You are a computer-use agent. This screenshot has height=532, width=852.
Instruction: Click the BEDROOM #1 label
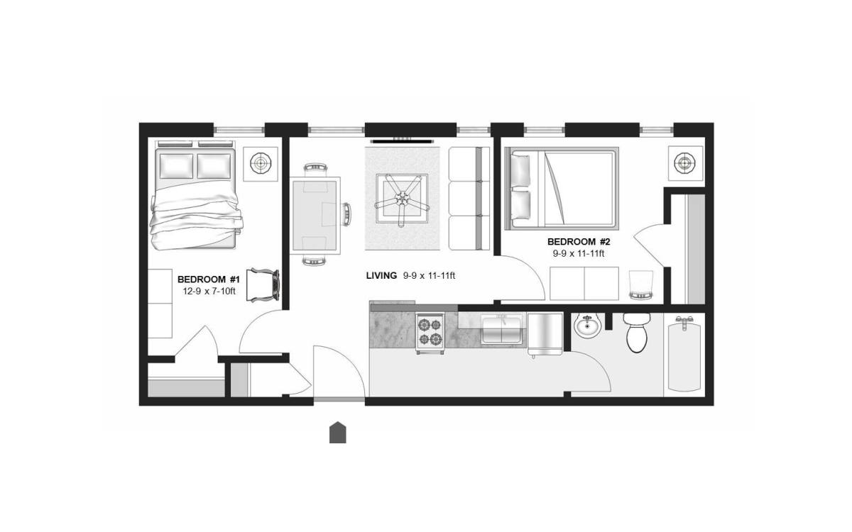pyautogui.click(x=209, y=279)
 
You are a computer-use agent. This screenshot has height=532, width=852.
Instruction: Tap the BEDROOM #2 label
pyautogui.click(x=579, y=242)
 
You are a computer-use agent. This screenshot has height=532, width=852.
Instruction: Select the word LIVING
pyautogui.click(x=381, y=276)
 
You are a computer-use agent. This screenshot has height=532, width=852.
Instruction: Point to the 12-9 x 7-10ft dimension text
pyautogui.click(x=209, y=292)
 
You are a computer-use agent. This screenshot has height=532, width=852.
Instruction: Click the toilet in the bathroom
pyautogui.click(x=637, y=333)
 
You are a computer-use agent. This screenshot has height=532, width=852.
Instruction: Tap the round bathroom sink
pyautogui.click(x=588, y=326)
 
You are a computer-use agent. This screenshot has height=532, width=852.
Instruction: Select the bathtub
pyautogui.click(x=684, y=354)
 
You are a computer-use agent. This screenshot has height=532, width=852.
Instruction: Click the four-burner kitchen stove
pyautogui.click(x=430, y=333)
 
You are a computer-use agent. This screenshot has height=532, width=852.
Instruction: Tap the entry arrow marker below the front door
pyautogui.click(x=338, y=433)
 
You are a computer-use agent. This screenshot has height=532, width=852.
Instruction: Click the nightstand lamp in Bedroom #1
pyautogui.click(x=261, y=164)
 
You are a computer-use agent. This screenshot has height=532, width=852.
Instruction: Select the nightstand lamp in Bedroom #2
pyautogui.click(x=684, y=163)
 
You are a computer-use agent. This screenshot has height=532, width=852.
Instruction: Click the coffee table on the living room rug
pyautogui.click(x=402, y=199)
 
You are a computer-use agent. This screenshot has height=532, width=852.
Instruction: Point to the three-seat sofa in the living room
pyautogui.click(x=469, y=199)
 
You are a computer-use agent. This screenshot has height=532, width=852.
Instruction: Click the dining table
pyautogui.click(x=315, y=216)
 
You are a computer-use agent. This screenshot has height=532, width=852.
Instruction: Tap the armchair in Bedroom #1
pyautogui.click(x=263, y=285)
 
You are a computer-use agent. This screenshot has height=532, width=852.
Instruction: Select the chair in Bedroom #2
pyautogui.click(x=640, y=285)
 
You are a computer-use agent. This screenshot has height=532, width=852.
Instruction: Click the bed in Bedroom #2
pyautogui.click(x=562, y=189)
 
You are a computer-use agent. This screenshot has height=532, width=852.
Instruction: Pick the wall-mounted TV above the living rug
pyautogui.click(x=402, y=141)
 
